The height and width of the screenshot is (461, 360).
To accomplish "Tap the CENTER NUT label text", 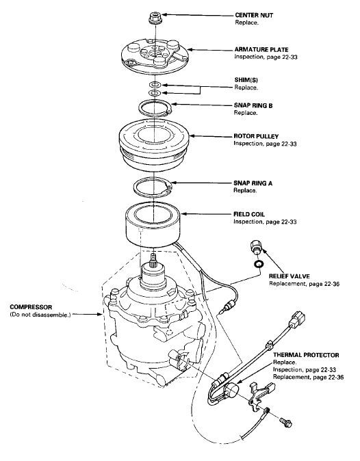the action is (x=254, y=15).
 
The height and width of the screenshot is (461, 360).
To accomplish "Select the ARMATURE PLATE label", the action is (x=261, y=49).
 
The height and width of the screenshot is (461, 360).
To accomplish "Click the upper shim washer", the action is (x=155, y=85).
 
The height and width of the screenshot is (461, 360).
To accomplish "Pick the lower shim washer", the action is (x=155, y=93).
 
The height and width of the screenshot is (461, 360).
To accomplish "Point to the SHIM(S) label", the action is (x=246, y=79).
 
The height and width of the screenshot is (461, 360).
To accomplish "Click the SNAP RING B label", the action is (x=253, y=105).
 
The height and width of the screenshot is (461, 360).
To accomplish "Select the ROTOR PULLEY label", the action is (x=256, y=136).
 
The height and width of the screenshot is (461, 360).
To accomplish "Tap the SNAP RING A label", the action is (x=253, y=183).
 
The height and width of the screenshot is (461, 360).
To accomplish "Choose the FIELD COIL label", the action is (x=249, y=214).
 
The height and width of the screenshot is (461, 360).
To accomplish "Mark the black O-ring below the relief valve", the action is (x=258, y=264).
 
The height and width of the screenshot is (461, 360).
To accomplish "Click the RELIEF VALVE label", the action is (x=289, y=276).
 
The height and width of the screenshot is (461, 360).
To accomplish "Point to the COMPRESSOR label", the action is (x=31, y=307).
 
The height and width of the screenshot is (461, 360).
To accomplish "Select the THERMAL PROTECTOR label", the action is (x=306, y=355).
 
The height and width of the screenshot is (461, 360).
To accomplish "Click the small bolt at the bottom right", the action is (x=286, y=423).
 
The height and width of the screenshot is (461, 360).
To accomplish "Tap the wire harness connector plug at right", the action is (x=297, y=319).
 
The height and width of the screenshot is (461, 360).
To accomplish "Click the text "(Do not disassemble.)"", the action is (x=40, y=315).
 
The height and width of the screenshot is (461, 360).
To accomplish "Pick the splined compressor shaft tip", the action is (x=153, y=259).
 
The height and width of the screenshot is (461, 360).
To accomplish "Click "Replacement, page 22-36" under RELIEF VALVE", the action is (x=304, y=284).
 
